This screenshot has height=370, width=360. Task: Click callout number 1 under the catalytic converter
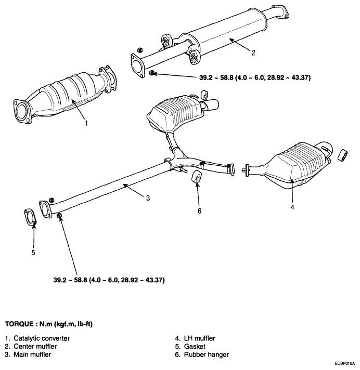tap(86, 123)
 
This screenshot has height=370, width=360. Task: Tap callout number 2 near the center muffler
tap(253, 53)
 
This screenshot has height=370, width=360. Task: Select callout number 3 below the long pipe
tap(148, 198)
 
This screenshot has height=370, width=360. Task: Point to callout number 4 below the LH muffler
tap(292, 207)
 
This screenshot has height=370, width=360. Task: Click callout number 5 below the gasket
tap(33, 253)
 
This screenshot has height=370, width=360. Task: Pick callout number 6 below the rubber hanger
tap(199, 210)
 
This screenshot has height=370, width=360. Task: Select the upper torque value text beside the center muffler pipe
tap(255, 77)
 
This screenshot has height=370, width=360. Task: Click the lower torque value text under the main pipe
tap(109, 280)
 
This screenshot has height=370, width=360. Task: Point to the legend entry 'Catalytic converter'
tap(42, 338)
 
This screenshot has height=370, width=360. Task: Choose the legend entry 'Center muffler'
tap(35, 346)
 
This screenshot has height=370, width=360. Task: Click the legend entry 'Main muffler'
tap(32, 354)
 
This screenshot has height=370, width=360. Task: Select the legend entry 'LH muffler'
tap(200, 338)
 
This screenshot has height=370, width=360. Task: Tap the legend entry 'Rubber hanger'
tap(207, 354)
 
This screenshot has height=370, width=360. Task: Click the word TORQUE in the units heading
tap(19, 324)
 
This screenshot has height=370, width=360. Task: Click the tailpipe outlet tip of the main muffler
tap(213, 104)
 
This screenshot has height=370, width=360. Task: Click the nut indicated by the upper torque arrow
tap(152, 73)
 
